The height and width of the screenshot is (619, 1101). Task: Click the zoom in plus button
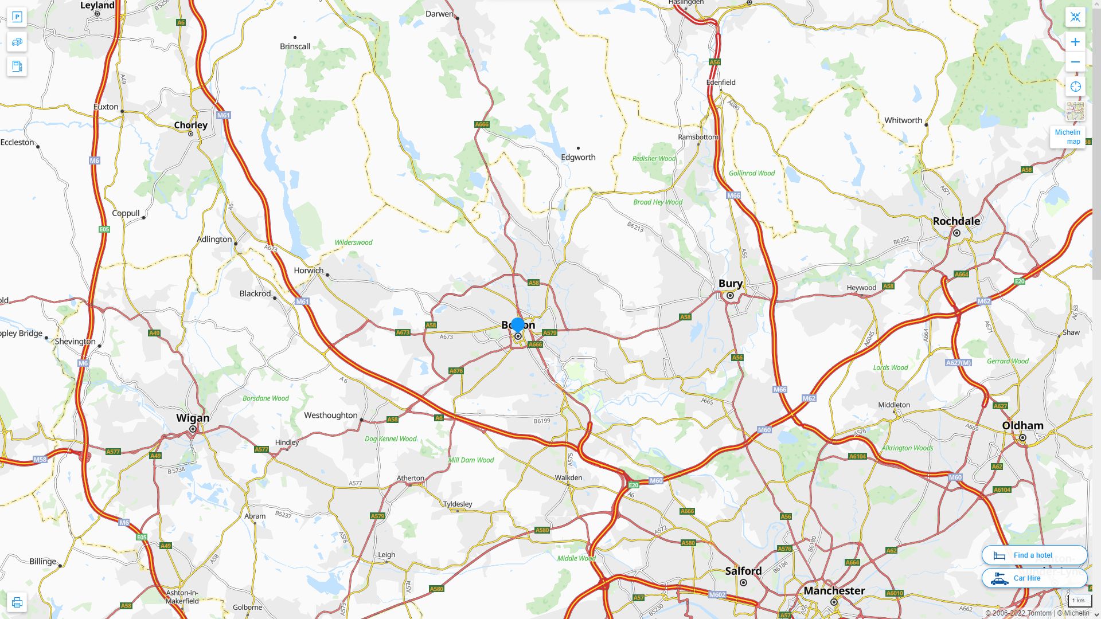click(x=1075, y=42)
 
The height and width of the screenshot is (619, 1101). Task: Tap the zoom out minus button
click(x=1075, y=62)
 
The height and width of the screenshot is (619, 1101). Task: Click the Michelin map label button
click(x=1067, y=137)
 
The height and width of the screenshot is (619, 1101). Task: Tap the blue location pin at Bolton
click(x=517, y=325)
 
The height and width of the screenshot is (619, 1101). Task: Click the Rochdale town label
click(x=956, y=221)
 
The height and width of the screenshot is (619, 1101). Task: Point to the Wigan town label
click(x=193, y=418)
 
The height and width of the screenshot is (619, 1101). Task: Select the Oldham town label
click(x=1022, y=426)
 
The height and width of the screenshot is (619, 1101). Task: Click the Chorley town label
click(x=190, y=125)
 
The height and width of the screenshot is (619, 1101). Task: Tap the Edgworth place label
click(x=578, y=158)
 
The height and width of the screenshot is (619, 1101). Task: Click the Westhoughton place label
click(x=330, y=416)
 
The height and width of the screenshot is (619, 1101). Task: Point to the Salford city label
click(x=743, y=571)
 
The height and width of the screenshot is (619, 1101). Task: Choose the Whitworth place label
click(x=903, y=120)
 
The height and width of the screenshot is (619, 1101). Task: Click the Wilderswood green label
click(x=353, y=242)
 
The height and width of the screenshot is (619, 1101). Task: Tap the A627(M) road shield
click(x=958, y=363)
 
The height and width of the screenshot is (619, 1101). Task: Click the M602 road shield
click(x=717, y=595)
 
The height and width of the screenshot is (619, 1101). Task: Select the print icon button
click(x=17, y=602)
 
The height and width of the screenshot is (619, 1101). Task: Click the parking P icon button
click(x=17, y=17)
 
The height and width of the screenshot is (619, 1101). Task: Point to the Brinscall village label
click(x=295, y=46)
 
